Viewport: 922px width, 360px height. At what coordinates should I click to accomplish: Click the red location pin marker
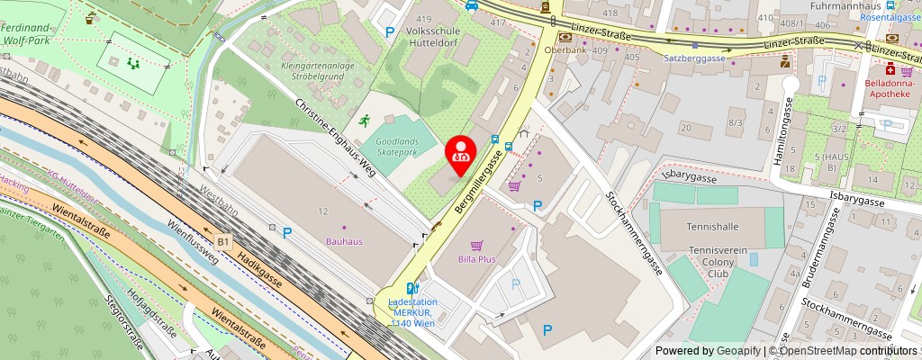[462, 151]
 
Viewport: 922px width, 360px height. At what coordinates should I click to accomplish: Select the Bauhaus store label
[344, 241]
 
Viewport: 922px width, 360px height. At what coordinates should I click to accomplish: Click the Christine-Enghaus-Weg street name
[334, 135]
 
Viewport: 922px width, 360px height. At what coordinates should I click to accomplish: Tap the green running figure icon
[363, 120]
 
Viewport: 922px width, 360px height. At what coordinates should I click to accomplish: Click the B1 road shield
[223, 241]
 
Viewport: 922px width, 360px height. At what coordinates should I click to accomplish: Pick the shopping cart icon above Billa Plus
[477, 244]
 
